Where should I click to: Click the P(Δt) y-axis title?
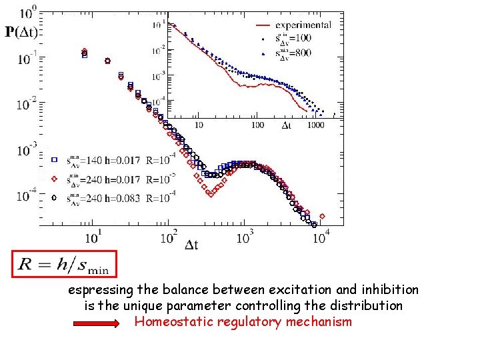(22, 31)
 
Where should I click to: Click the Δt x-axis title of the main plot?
(191, 245)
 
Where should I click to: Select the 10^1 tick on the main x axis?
(95, 237)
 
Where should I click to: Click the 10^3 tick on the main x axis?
(246, 237)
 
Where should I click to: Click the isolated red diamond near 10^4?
(322, 216)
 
